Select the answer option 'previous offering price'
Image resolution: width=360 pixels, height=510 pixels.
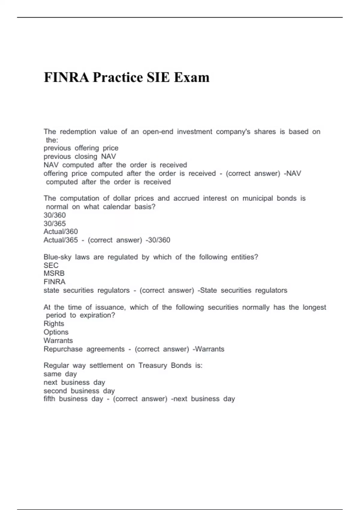coord(81,148)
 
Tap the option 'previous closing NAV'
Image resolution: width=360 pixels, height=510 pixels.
coord(79,157)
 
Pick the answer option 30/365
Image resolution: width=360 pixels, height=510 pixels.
coord(55,223)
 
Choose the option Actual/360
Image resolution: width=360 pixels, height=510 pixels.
coord(61,232)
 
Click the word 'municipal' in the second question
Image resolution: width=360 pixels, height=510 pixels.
coord(257,198)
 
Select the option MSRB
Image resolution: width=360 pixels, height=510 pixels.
coord(54,274)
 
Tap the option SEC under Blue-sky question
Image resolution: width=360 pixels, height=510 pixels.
coord(51,265)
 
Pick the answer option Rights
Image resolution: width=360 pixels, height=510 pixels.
coord(54,324)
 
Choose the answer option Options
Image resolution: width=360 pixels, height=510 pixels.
coord(56,332)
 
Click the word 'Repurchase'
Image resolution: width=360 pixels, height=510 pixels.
coord(63,349)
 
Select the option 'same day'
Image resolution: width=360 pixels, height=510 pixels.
coord(60,374)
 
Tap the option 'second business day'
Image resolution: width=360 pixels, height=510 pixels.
coord(79,391)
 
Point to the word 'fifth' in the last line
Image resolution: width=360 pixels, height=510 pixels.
coord(49,399)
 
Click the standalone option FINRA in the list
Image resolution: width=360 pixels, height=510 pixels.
coord(54,282)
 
